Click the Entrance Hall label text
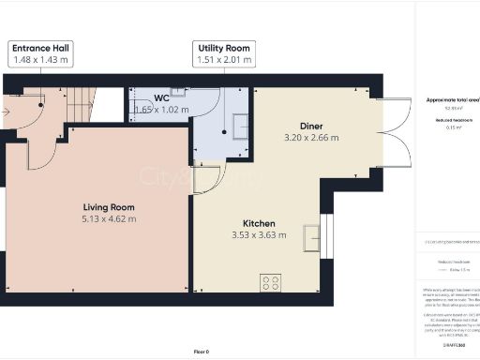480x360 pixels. (x=42, y=48)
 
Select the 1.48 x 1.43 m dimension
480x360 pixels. (x=42, y=60)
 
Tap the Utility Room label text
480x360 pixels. (x=224, y=48)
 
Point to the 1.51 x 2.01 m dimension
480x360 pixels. (x=224, y=60)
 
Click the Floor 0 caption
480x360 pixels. (x=202, y=351)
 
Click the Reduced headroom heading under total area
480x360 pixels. (x=447, y=122)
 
